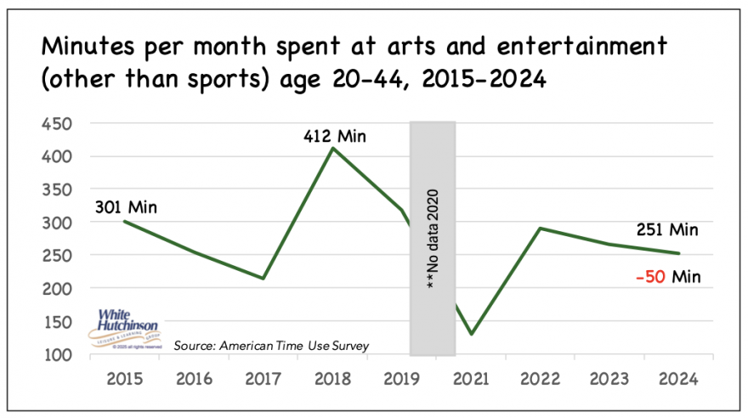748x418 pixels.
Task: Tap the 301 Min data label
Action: point(127,206)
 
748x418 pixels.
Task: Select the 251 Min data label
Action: point(667,229)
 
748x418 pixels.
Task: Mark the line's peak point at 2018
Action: point(332,148)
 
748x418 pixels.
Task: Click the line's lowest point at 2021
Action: point(471,334)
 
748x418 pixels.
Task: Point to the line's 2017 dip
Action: point(263,278)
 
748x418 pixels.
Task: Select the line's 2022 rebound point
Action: point(541,228)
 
